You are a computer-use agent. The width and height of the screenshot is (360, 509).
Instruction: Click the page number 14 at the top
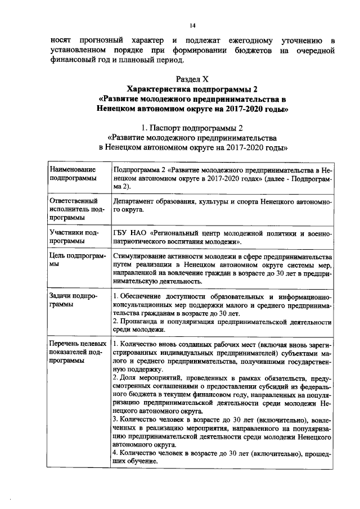pyautogui.click(x=192, y=25)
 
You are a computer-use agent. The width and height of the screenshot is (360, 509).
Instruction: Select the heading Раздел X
pyautogui.click(x=192, y=79)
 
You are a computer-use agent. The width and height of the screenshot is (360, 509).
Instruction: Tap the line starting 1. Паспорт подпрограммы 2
pyautogui.click(x=192, y=128)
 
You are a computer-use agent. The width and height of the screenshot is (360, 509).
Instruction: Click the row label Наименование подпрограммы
pyautogui.click(x=73, y=173)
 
